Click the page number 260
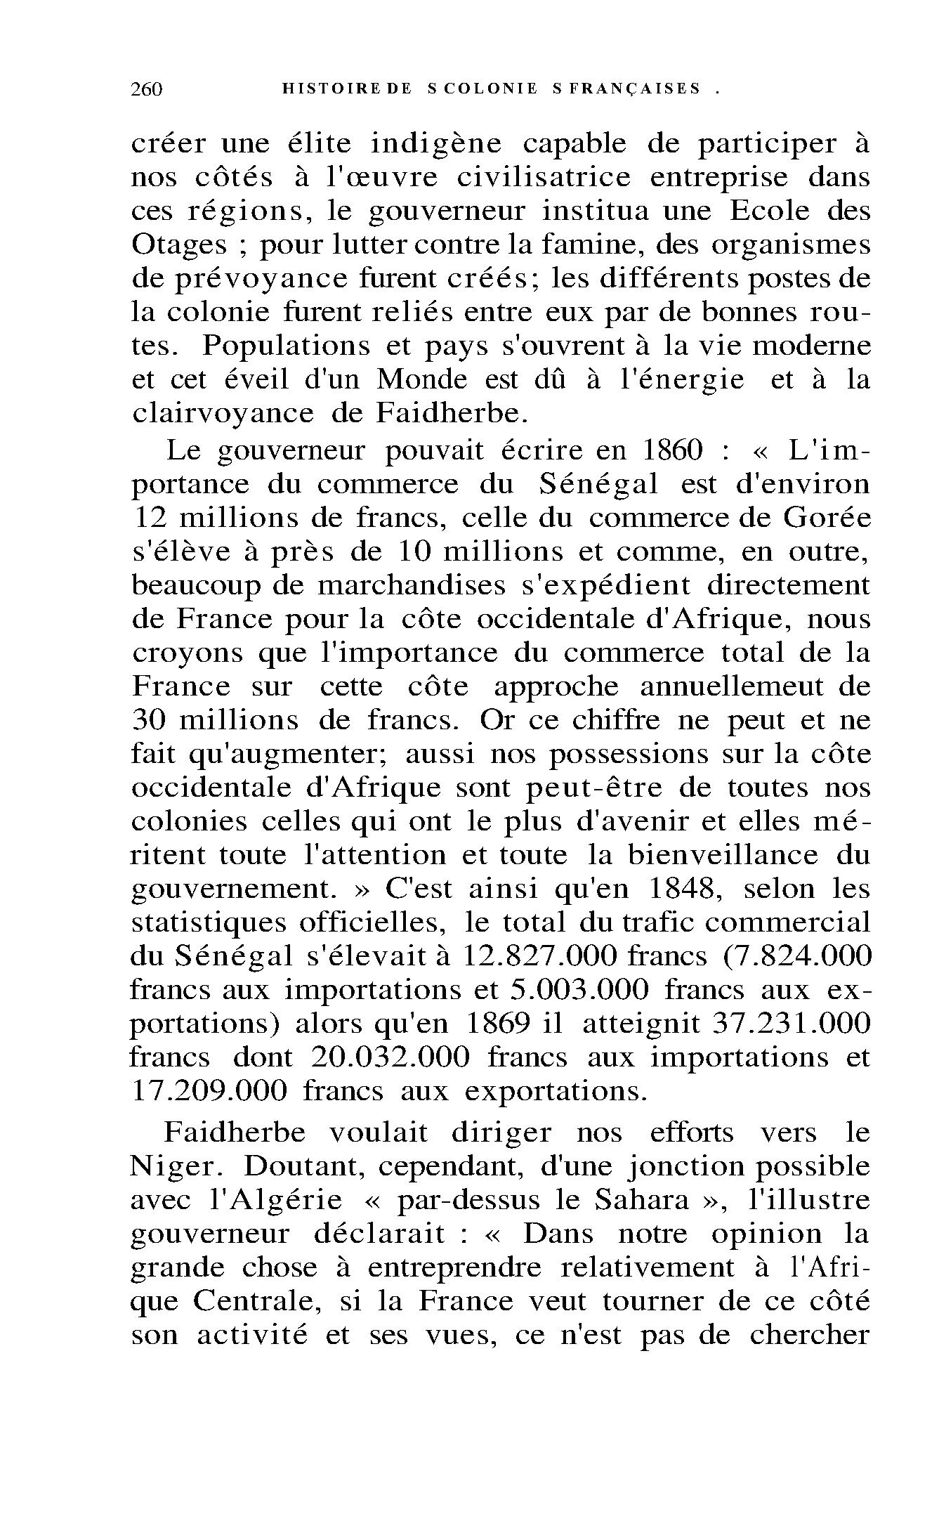146,89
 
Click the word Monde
421,380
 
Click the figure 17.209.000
209,1091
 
